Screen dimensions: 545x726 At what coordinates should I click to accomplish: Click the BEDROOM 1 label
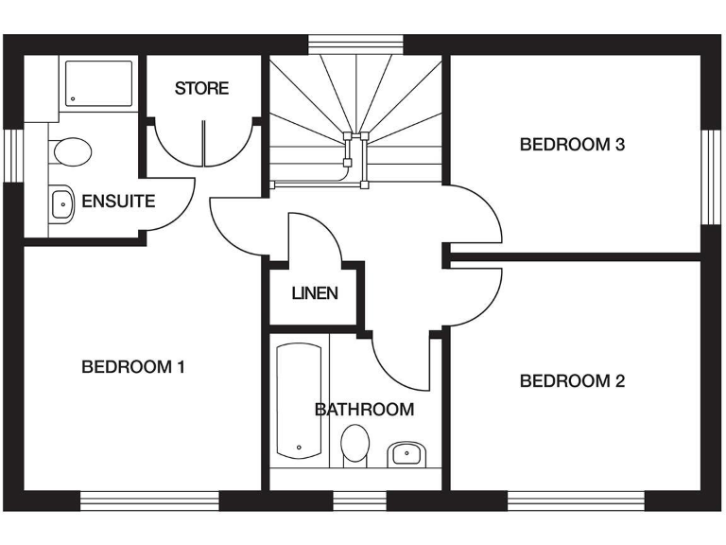[132, 366]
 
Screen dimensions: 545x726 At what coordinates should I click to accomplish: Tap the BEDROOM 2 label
[572, 381]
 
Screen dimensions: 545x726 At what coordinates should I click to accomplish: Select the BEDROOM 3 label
[572, 145]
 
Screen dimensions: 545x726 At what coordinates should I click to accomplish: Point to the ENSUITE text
[118, 201]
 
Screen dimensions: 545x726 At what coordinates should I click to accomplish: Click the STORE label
[201, 89]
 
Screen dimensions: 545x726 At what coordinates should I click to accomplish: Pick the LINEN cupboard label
[315, 293]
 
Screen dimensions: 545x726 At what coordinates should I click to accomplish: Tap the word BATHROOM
[364, 410]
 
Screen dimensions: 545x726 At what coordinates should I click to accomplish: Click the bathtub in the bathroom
[299, 401]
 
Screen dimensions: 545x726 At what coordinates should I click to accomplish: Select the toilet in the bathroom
[354, 443]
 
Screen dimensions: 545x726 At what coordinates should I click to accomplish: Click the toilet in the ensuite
[72, 150]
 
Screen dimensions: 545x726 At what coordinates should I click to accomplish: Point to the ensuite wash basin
[62, 202]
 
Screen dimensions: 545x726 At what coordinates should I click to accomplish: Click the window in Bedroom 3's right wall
[710, 176]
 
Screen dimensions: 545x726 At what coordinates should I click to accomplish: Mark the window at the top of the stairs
[355, 44]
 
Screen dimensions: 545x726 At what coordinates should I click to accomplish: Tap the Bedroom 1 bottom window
[150, 499]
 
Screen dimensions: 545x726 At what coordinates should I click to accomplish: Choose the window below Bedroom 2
[576, 499]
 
